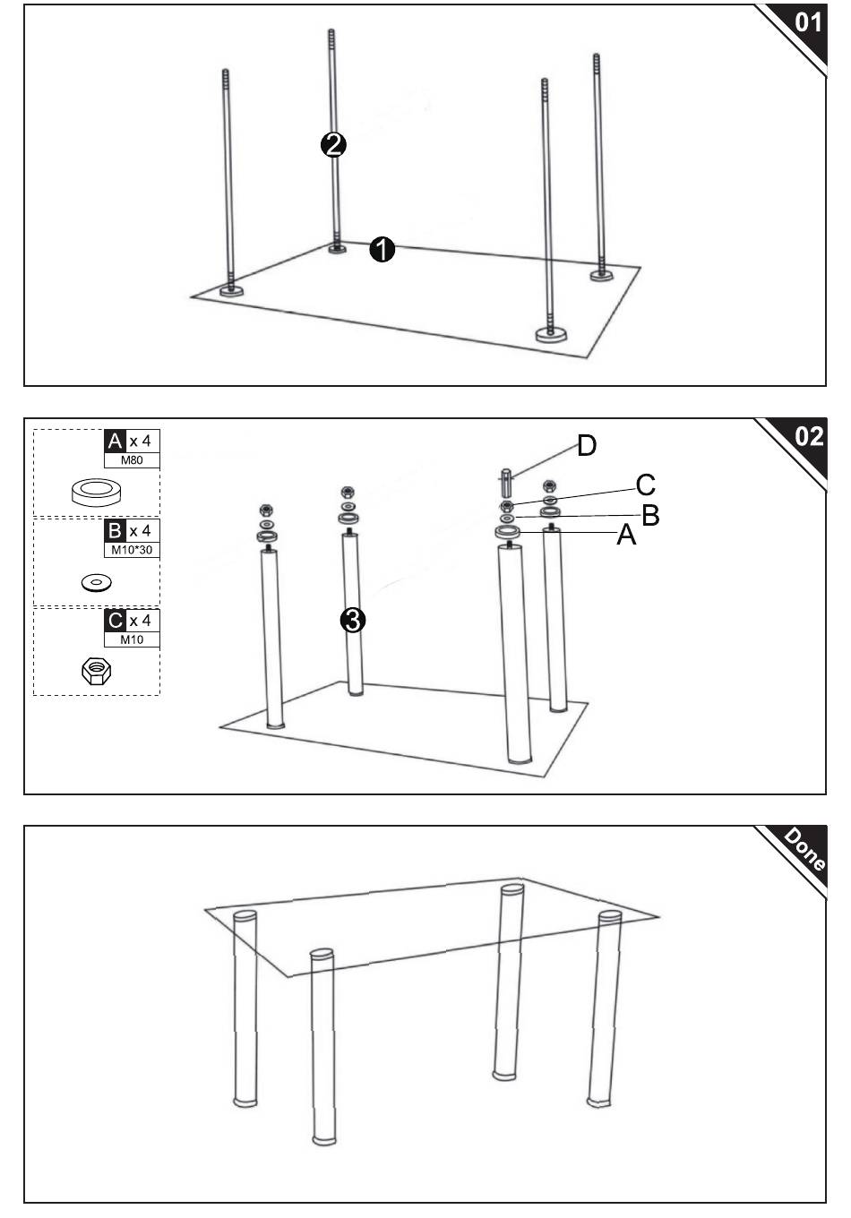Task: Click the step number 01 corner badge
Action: click(x=807, y=21)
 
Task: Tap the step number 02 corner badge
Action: click(x=807, y=436)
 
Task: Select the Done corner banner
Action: click(x=804, y=849)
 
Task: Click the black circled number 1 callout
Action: click(x=383, y=250)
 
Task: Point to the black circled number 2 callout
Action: click(x=333, y=144)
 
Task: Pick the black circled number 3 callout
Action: click(x=353, y=620)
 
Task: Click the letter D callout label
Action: click(x=586, y=445)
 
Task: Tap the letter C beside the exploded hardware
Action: click(x=645, y=485)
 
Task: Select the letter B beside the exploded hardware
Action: click(x=650, y=515)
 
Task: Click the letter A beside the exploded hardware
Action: click(x=626, y=536)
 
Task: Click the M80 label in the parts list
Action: click(x=132, y=460)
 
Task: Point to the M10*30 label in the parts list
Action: click(x=132, y=550)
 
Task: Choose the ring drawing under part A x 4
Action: click(x=97, y=491)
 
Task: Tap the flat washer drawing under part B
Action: click(x=96, y=583)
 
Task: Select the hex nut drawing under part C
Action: click(x=96, y=670)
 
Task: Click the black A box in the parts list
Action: click(x=115, y=442)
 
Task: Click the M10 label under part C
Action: click(x=132, y=639)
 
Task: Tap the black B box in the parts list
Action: click(x=115, y=531)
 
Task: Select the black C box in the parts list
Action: click(x=115, y=621)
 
